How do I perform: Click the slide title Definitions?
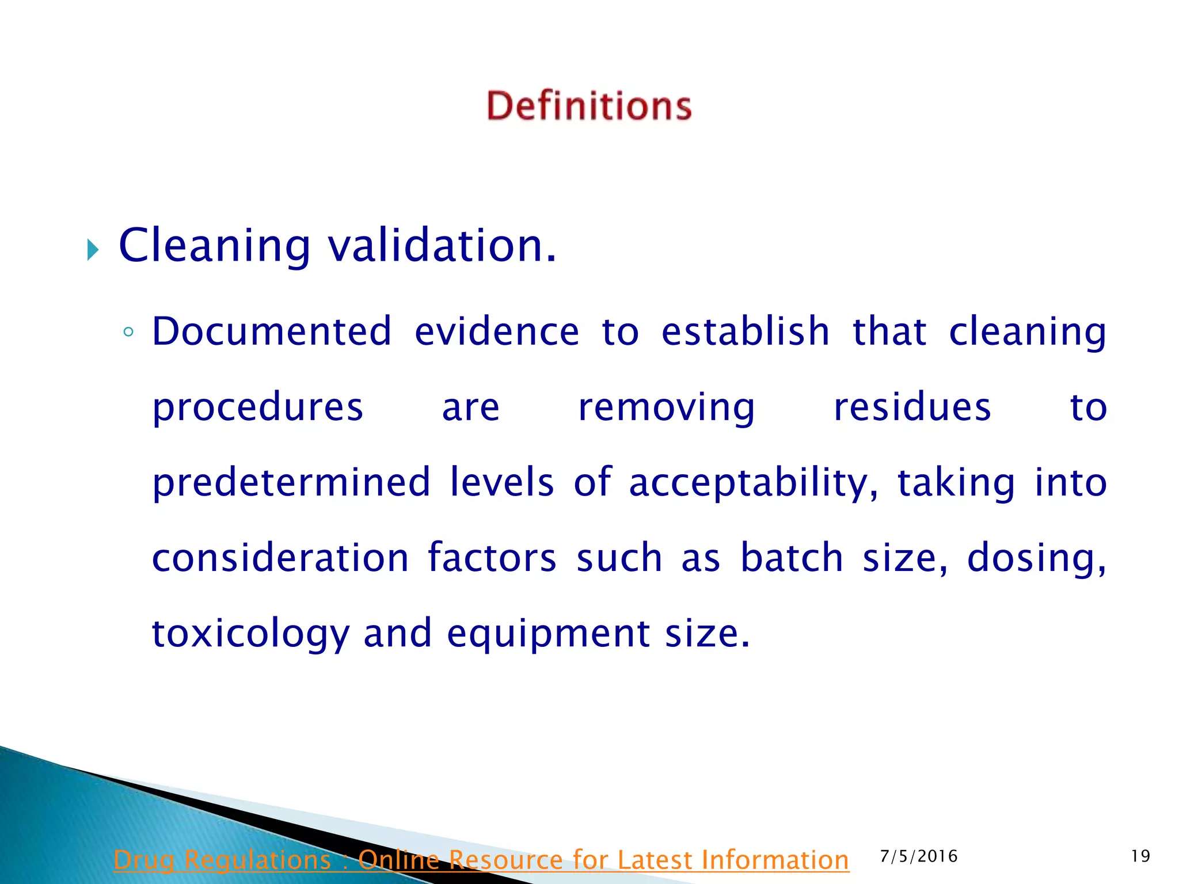[x=589, y=106]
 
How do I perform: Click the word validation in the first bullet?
[x=442, y=246]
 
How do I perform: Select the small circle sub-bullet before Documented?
[x=128, y=332]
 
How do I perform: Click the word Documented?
[x=272, y=332]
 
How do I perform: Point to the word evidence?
[x=496, y=332]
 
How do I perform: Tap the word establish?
[x=745, y=332]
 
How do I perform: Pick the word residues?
[x=912, y=407]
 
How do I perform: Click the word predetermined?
[x=291, y=483]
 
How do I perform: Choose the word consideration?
[x=280, y=558]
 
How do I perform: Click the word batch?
[x=792, y=558]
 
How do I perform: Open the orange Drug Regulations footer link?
[x=481, y=860]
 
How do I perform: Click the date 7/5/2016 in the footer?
[x=919, y=856]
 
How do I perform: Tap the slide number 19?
[x=1140, y=856]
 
